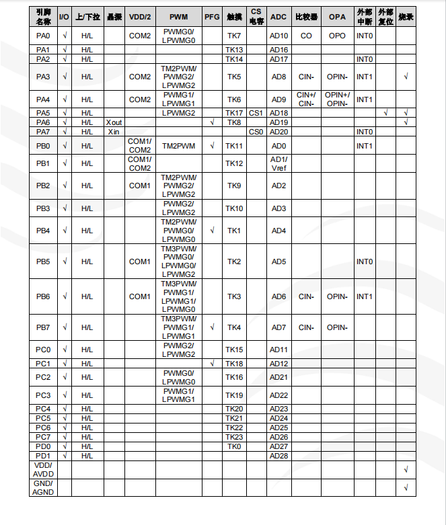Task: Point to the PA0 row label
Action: (43, 36)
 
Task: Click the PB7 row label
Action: (43, 327)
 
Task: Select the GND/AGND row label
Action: (43, 487)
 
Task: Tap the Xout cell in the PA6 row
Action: (114, 122)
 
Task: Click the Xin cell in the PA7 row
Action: (114, 132)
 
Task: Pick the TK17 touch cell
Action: (234, 113)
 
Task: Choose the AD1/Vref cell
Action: (278, 163)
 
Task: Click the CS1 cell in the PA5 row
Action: (256, 113)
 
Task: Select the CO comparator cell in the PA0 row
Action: (306, 36)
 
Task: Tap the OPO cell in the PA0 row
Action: (337, 36)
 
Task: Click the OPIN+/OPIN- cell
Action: (337, 99)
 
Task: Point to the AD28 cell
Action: (278, 456)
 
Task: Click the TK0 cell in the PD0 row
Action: (234, 446)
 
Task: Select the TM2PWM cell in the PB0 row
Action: (178, 146)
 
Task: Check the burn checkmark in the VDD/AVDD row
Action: (406, 469)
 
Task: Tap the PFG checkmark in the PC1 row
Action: (212, 364)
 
